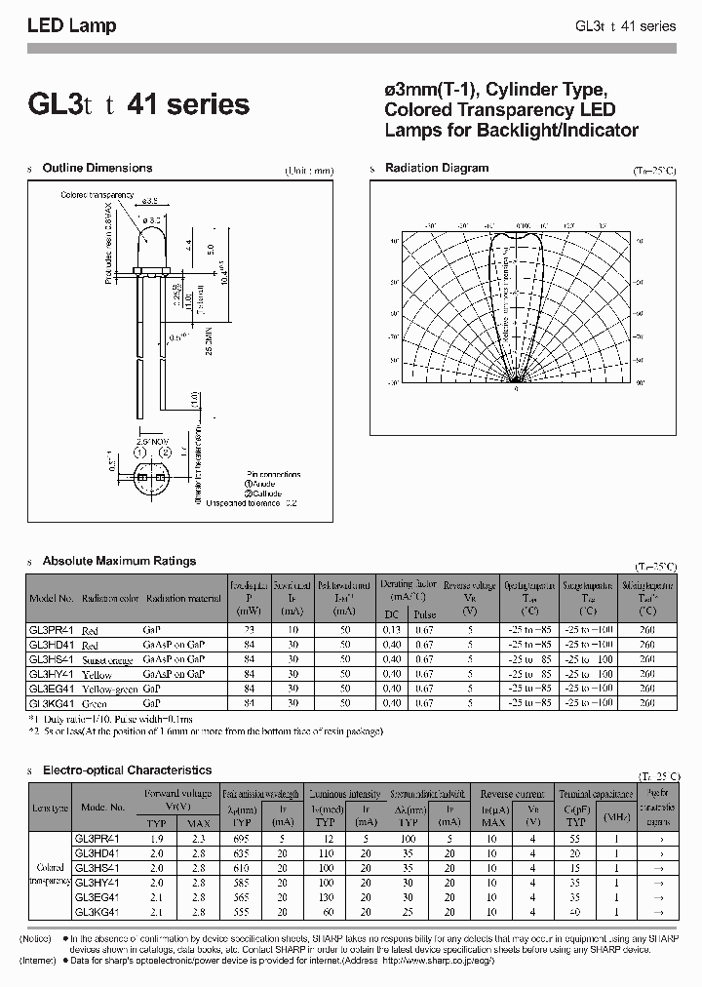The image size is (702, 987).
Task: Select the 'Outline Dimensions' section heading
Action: (97, 168)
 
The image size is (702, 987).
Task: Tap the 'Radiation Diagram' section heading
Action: (437, 168)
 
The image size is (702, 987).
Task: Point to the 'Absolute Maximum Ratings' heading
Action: (119, 561)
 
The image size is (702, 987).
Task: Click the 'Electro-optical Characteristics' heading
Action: (127, 770)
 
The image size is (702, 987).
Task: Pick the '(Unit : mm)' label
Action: (310, 171)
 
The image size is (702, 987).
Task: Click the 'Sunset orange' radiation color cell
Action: (107, 659)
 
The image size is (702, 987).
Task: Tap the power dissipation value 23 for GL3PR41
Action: (246, 631)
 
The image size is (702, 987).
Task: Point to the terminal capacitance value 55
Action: (576, 839)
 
